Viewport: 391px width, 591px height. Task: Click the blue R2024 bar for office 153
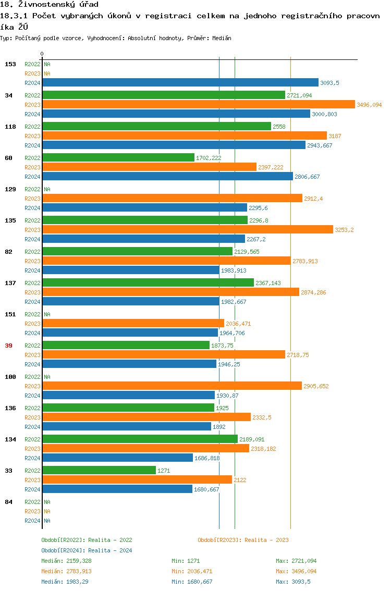(x=180, y=82)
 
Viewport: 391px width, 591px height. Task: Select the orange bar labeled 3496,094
(x=198, y=104)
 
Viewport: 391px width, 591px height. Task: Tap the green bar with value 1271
(x=99, y=470)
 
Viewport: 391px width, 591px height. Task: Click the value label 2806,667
(x=307, y=177)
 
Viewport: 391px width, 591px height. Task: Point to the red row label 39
(x=9, y=346)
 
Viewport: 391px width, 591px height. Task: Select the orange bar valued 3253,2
(x=187, y=229)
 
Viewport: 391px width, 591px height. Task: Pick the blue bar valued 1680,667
(x=117, y=489)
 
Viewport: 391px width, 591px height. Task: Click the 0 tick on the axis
(x=42, y=54)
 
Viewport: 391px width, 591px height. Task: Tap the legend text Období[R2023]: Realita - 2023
(x=243, y=540)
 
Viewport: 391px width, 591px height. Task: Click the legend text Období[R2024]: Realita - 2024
(x=87, y=550)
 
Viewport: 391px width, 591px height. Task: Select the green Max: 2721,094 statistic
(x=296, y=561)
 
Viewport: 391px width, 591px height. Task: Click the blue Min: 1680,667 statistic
(x=192, y=582)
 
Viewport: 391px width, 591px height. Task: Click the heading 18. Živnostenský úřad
(x=50, y=5)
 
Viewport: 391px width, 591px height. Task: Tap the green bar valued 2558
(x=156, y=126)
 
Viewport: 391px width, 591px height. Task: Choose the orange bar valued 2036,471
(x=133, y=323)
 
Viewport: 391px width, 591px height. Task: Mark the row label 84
(x=9, y=502)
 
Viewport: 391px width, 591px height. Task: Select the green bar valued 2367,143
(x=148, y=282)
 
